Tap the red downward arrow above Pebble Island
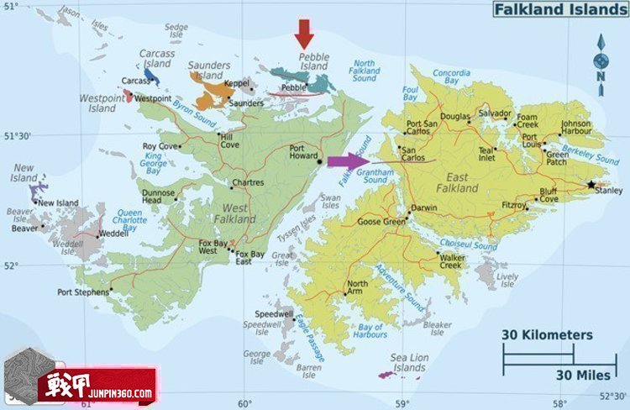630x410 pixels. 304,34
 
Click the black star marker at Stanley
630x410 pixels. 591,184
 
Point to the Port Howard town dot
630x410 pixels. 320,150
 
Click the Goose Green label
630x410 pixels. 381,222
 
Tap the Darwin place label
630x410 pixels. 424,208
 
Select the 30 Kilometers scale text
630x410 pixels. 547,335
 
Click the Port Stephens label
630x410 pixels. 81,292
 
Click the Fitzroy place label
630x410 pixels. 513,204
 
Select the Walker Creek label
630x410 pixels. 451,261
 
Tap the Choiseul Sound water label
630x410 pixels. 468,246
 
